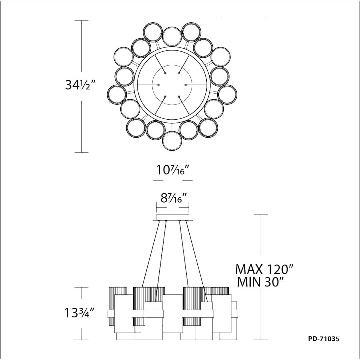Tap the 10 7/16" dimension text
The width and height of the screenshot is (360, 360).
pos(173,170)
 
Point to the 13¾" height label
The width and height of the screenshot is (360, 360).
pos(80,313)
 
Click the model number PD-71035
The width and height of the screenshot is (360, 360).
pos(323,339)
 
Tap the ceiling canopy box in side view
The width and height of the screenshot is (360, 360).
pos(173,217)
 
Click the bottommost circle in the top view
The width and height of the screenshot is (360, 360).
pos(172,141)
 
